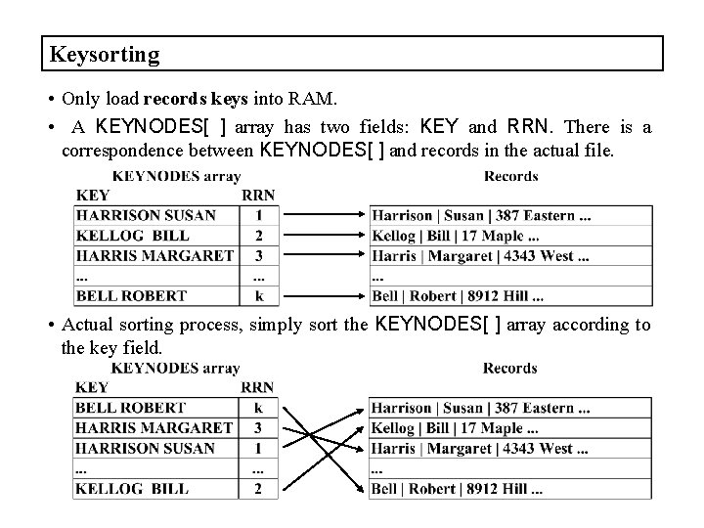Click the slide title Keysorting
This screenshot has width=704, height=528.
[x=104, y=54]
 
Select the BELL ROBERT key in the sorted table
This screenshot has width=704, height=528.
[x=131, y=408]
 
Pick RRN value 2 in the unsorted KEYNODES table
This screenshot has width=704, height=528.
[x=259, y=236]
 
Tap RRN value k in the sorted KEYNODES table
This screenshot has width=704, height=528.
[x=258, y=408]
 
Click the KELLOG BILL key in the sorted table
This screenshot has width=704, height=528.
[x=133, y=488]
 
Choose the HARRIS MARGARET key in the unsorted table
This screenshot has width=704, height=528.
[x=154, y=255]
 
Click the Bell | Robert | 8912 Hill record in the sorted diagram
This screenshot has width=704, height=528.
[x=458, y=488]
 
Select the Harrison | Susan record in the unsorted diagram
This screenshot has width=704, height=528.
[x=480, y=215]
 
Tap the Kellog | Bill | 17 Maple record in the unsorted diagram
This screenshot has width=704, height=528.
[x=455, y=236]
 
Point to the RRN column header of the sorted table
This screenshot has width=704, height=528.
[x=257, y=387]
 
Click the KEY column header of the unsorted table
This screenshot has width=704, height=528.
[x=92, y=195]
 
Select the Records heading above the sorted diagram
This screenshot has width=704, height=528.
[x=509, y=369]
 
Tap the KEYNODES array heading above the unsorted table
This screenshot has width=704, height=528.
[x=176, y=176]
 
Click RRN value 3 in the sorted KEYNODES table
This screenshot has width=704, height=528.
[x=258, y=427]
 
